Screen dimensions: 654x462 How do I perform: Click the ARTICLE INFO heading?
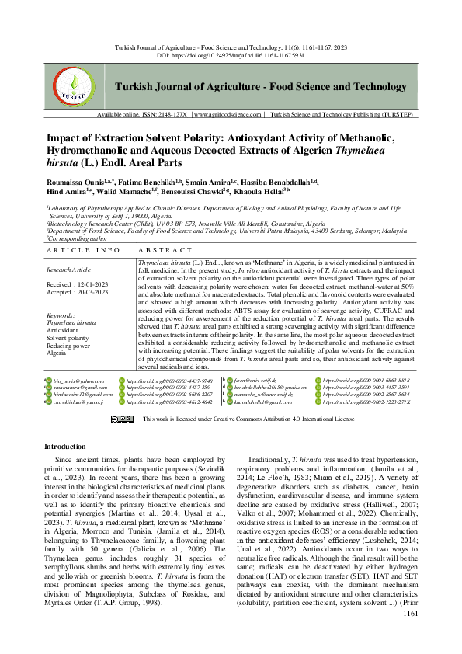83,251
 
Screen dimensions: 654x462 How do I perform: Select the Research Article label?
71,270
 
